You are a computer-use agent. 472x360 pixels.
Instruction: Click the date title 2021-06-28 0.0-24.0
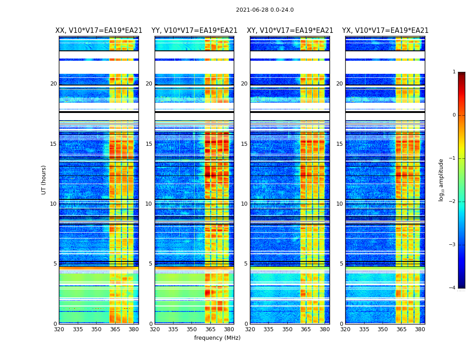tap(265, 10)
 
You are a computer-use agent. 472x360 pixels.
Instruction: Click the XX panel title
tap(99, 31)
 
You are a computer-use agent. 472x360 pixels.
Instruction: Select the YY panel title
tap(194, 31)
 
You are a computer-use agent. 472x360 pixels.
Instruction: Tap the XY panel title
tap(290, 31)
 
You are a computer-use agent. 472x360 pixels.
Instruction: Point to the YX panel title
tap(385, 31)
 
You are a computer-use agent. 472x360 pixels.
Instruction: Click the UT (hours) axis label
tap(44, 180)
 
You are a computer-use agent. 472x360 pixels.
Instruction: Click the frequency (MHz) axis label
tap(217, 338)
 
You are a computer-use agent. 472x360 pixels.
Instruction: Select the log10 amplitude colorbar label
tap(441, 180)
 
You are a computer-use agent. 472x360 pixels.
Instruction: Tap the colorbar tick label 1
tap(454, 72)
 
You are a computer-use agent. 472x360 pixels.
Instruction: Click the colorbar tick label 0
tap(454, 115)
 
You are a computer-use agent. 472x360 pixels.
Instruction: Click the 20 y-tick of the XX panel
tap(53, 84)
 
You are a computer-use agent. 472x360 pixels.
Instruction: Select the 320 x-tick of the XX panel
tap(59, 329)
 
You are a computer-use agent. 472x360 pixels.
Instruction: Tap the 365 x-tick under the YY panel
tap(210, 329)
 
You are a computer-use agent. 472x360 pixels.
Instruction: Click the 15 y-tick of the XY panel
tap(244, 144)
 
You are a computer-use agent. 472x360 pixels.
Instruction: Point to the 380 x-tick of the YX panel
tap(420, 329)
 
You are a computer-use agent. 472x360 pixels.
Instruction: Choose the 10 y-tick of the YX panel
tap(339, 204)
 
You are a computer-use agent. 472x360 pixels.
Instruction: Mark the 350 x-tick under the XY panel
tap(287, 329)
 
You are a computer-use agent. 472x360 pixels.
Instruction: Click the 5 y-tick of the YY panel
tap(151, 264)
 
